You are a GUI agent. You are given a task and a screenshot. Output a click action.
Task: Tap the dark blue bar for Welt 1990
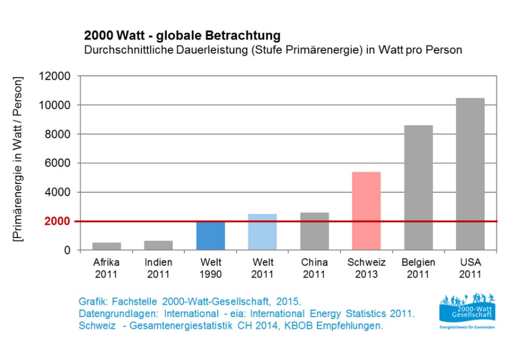click(x=210, y=236)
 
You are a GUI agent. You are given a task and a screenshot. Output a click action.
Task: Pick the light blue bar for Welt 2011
click(x=262, y=232)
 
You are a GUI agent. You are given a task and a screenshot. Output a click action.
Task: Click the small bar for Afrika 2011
click(x=107, y=247)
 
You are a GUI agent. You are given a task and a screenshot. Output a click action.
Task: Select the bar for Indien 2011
click(x=159, y=246)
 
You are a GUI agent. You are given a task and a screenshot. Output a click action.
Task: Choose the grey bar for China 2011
click(x=314, y=232)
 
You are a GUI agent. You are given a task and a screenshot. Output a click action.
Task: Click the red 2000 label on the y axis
click(x=58, y=221)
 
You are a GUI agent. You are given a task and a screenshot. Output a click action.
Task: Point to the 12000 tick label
click(x=54, y=76)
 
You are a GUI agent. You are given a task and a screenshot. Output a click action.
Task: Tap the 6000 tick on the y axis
click(x=58, y=163)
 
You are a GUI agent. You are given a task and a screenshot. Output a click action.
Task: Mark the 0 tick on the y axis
click(x=66, y=250)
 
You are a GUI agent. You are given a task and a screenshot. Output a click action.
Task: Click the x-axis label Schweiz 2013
click(x=366, y=268)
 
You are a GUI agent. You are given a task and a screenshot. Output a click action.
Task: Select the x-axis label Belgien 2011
click(x=418, y=268)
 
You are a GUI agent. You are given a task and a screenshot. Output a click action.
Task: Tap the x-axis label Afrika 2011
click(x=107, y=268)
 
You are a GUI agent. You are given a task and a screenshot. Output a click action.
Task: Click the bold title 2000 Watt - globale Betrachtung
click(x=182, y=36)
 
